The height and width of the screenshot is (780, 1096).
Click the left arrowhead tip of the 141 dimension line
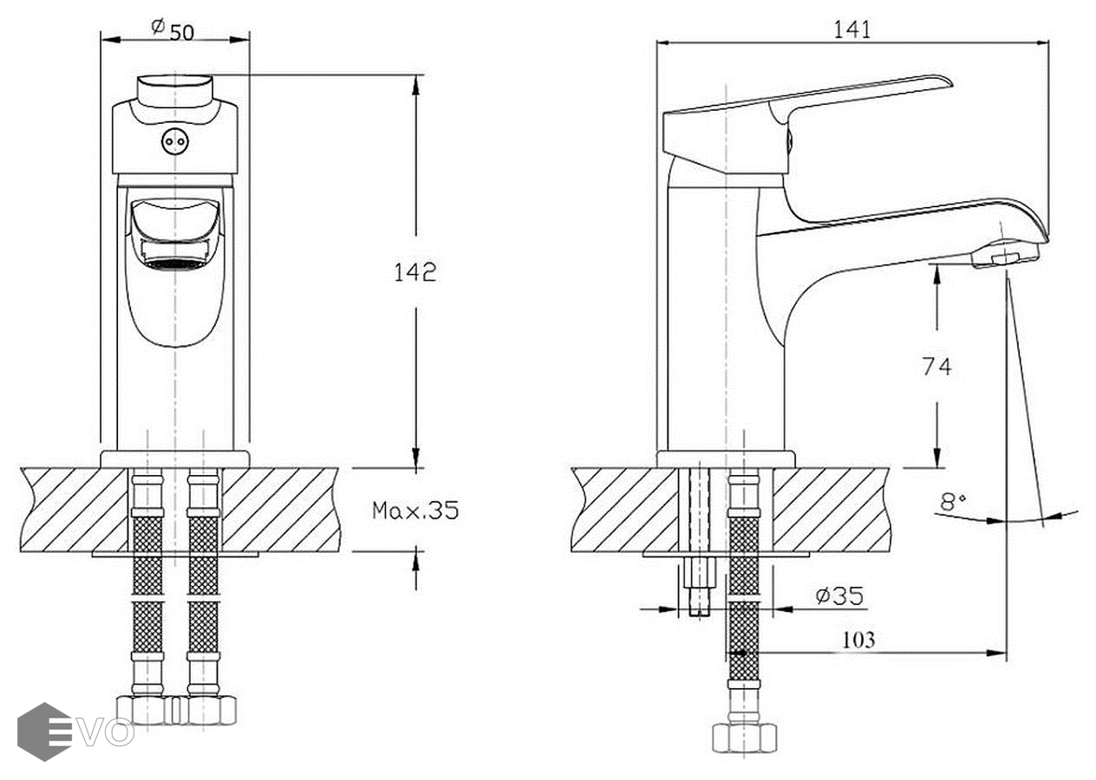click(x=657, y=43)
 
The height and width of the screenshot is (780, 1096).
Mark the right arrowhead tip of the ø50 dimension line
click(x=250, y=40)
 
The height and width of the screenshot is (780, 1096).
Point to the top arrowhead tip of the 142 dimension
click(x=416, y=75)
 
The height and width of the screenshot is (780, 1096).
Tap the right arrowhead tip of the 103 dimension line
click(x=1007, y=653)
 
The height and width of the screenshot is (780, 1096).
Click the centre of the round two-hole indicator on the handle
click(x=174, y=141)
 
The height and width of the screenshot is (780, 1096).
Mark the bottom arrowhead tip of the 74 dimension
click(x=937, y=468)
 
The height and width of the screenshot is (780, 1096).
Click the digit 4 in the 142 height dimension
click(x=415, y=272)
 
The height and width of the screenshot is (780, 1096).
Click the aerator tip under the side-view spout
click(x=1006, y=256)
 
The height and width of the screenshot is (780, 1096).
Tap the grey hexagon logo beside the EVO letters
click(x=44, y=732)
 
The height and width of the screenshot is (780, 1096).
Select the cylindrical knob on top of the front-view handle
click(x=174, y=91)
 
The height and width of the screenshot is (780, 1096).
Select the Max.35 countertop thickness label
click(x=415, y=511)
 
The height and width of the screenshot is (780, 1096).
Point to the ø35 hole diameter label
click(x=839, y=595)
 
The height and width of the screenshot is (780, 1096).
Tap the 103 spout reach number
click(x=858, y=640)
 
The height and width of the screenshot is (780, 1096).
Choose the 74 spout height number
click(x=936, y=367)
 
